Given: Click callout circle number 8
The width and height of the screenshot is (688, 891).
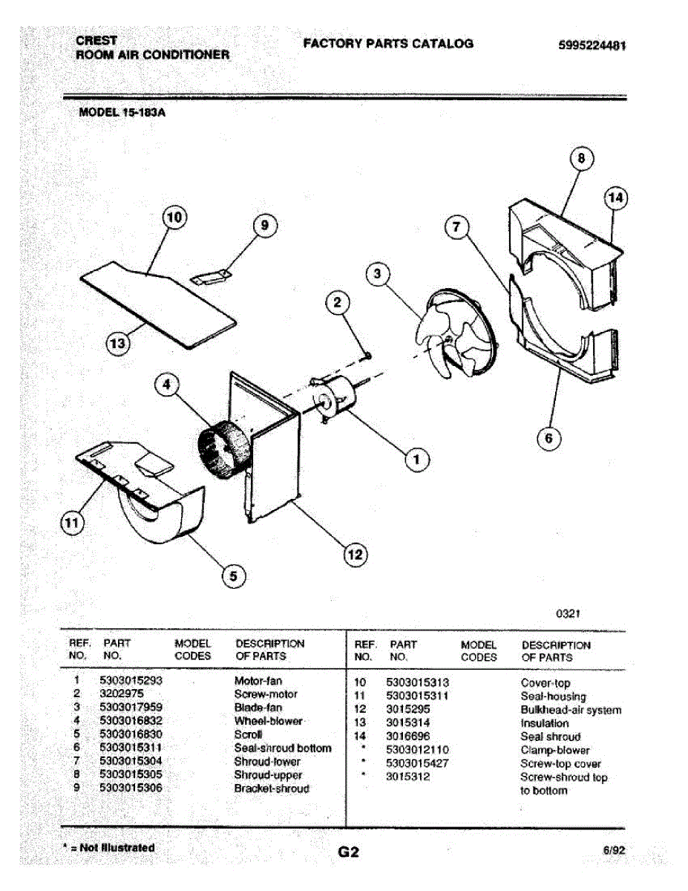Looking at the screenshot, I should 582,158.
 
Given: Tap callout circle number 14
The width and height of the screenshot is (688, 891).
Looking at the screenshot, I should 615,198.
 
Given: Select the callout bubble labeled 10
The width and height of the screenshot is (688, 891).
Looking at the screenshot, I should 174,218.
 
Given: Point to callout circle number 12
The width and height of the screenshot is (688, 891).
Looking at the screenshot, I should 356,553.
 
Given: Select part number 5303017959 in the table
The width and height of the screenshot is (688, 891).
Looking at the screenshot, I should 131,707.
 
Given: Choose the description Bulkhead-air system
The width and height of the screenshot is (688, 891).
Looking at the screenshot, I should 571,710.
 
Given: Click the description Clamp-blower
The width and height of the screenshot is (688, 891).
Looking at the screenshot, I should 555,750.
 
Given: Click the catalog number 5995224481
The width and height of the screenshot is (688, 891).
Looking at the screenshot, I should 592,45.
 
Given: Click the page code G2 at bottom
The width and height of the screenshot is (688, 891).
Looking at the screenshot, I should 349,852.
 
